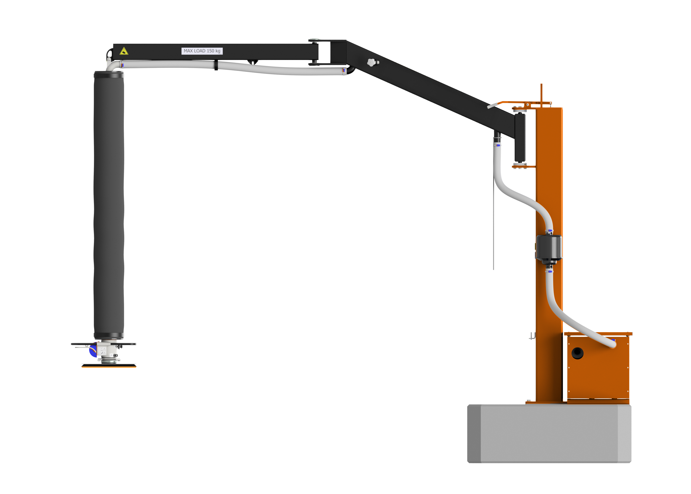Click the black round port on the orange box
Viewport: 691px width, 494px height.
pos(577,353)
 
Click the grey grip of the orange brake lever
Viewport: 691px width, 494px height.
pos(492,106)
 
